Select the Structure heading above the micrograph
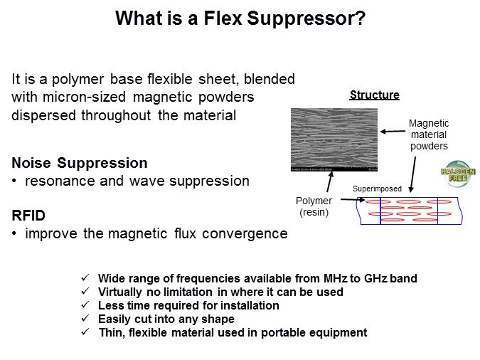(374, 95)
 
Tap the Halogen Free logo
(457, 175)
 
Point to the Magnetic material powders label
(428, 134)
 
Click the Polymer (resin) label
(313, 206)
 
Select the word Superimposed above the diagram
(377, 189)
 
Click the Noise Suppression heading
(80, 162)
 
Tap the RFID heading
(28, 215)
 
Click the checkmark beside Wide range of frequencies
(86, 277)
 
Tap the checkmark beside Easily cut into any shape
(86, 319)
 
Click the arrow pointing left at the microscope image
(392, 131)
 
